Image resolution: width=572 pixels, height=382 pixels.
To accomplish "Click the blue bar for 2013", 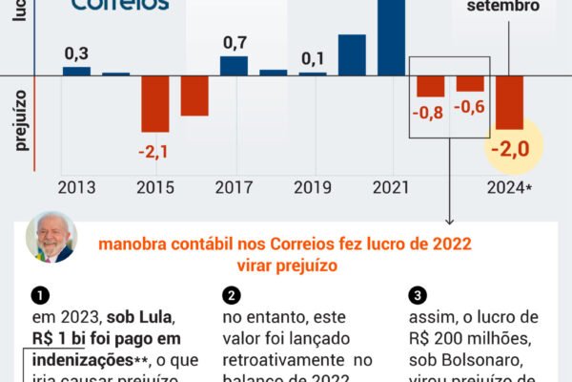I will [x=76, y=71].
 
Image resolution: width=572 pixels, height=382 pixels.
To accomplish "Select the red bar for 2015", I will [x=155, y=103].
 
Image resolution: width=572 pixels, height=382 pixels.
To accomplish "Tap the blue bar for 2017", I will [x=234, y=65].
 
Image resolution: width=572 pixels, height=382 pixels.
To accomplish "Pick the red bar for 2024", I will [x=509, y=102].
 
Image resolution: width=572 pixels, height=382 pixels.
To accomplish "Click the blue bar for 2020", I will [x=352, y=54].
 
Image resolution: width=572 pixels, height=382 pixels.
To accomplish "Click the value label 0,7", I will [x=235, y=42].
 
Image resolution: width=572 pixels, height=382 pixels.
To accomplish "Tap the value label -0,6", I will [x=470, y=106].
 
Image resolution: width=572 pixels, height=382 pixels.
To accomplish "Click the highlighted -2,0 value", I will [x=508, y=150].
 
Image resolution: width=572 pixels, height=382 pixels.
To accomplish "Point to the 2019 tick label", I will [x=313, y=186].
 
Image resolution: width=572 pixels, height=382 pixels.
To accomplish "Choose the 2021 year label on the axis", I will [x=391, y=186].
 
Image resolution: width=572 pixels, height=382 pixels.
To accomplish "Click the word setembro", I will [x=502, y=6].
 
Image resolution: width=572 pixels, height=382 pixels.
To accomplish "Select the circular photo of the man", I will [x=51, y=237].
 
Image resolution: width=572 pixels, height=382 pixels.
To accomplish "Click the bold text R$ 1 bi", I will [x=59, y=338].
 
